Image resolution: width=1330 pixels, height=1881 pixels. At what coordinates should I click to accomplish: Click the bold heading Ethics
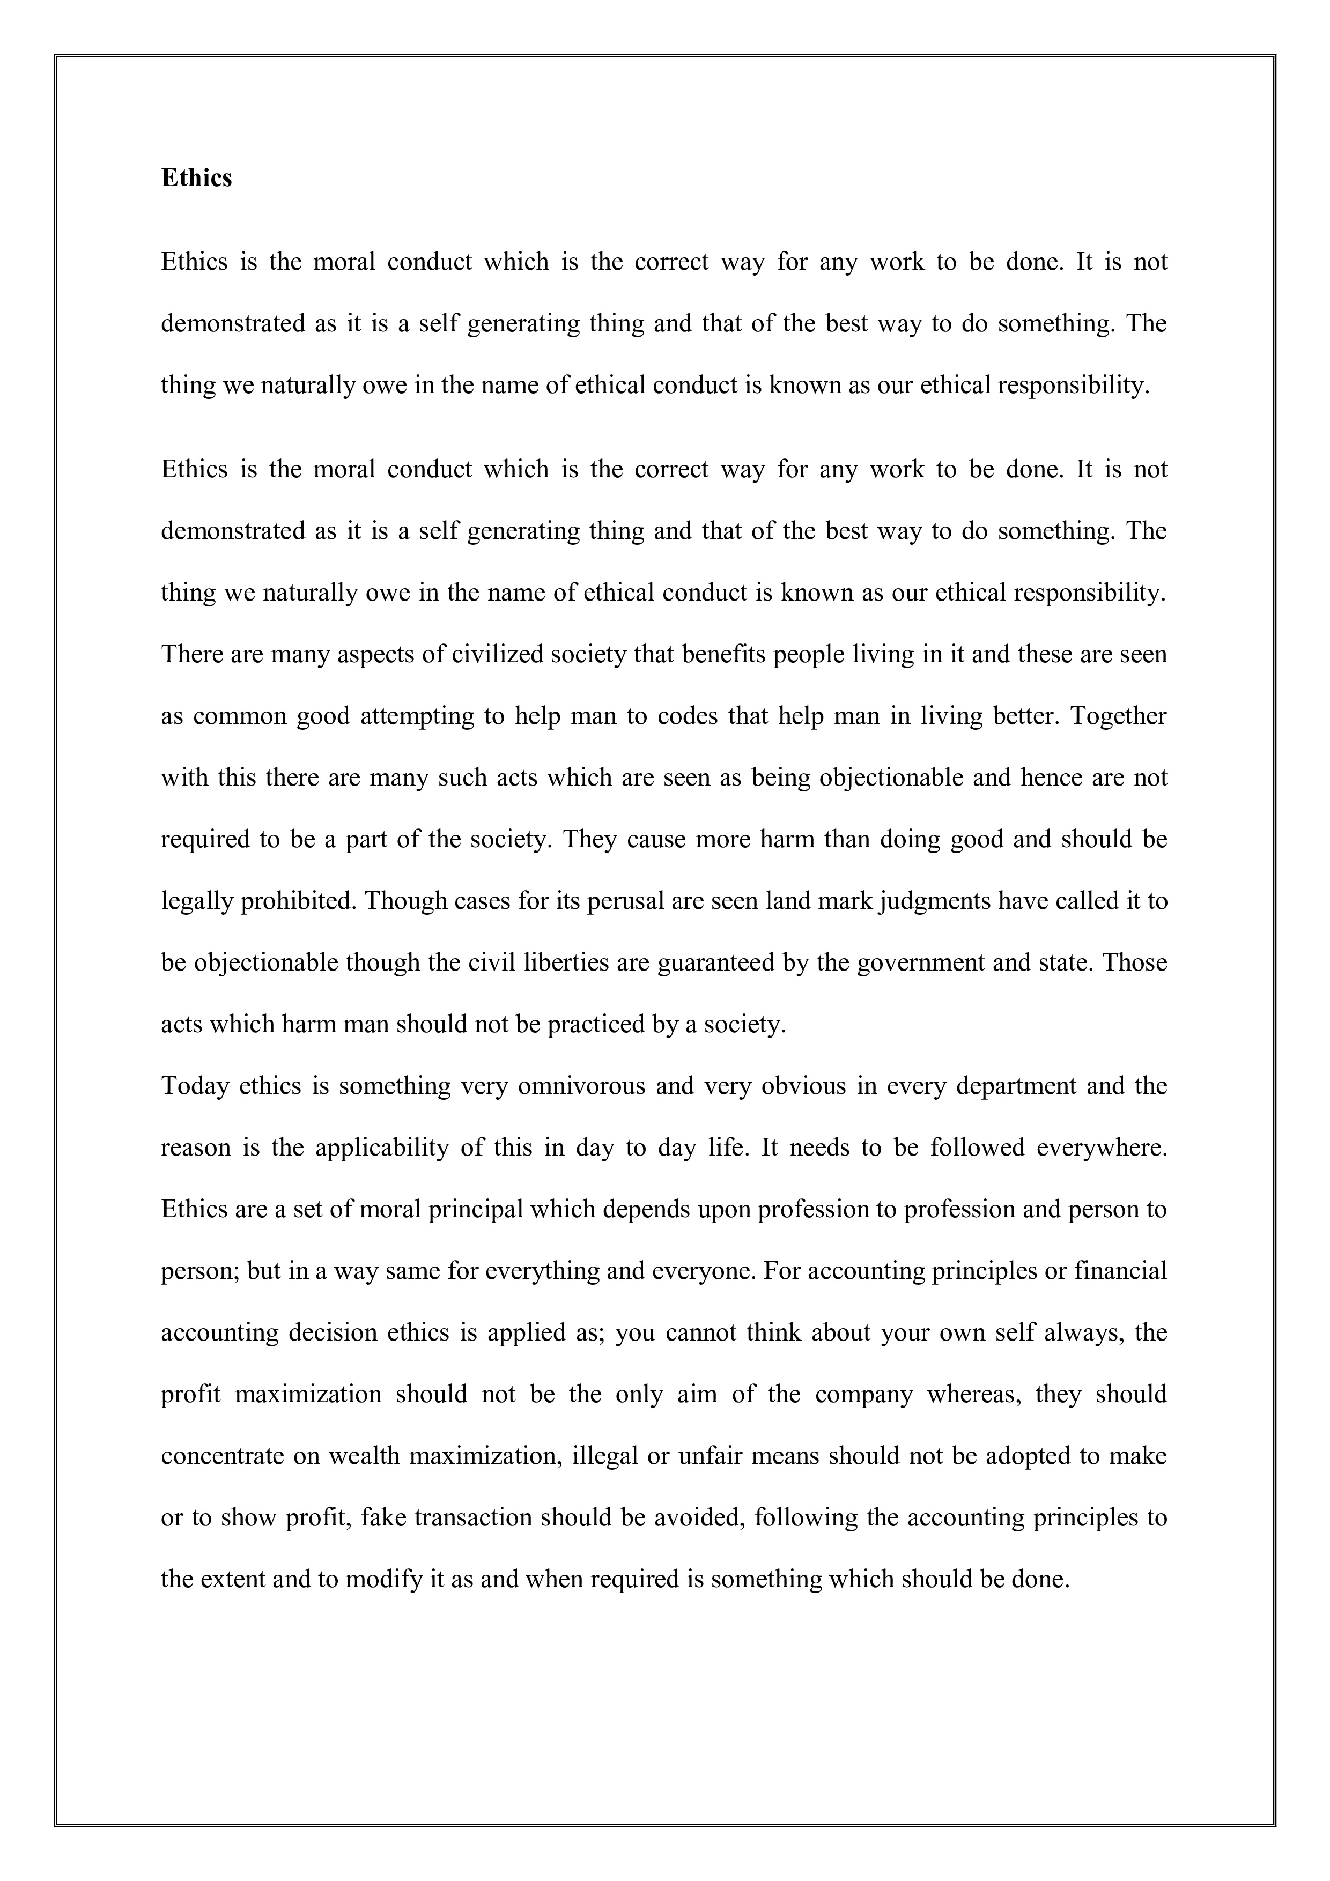click(197, 178)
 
